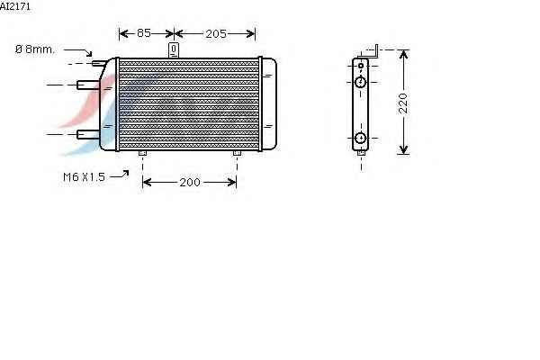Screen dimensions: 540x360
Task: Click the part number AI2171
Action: pyautogui.click(x=15, y=6)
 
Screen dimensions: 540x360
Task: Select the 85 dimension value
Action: pyautogui.click(x=144, y=33)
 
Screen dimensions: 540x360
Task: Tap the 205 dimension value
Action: pyautogui.click(x=216, y=34)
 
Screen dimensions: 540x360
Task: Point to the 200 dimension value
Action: pyautogui.click(x=189, y=182)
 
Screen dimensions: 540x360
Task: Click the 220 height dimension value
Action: pyautogui.click(x=402, y=103)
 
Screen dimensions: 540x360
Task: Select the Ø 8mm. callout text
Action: pyautogui.click(x=35, y=49)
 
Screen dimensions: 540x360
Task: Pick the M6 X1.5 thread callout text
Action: pyautogui.click(x=84, y=177)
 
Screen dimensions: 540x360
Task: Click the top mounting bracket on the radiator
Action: pyautogui.click(x=174, y=50)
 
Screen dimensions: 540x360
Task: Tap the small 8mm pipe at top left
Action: pyautogui.click(x=99, y=63)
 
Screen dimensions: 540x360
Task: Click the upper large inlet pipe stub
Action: pyautogui.click(x=88, y=85)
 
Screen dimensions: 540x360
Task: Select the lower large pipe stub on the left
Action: pyautogui.click(x=88, y=134)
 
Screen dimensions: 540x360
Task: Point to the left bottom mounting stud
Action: pyautogui.click(x=142, y=153)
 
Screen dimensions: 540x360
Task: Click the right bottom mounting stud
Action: pyautogui.click(x=237, y=153)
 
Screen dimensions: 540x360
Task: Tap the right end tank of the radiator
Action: pyautogui.click(x=269, y=103)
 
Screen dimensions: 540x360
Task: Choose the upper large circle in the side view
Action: pyautogui.click(x=360, y=82)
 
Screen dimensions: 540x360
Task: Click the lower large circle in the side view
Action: pyautogui.click(x=360, y=138)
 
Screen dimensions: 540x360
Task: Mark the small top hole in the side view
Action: pyautogui.click(x=361, y=66)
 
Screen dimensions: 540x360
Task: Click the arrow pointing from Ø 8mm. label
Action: pyautogui.click(x=78, y=51)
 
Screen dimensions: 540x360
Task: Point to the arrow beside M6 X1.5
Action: pyautogui.click(x=120, y=175)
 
